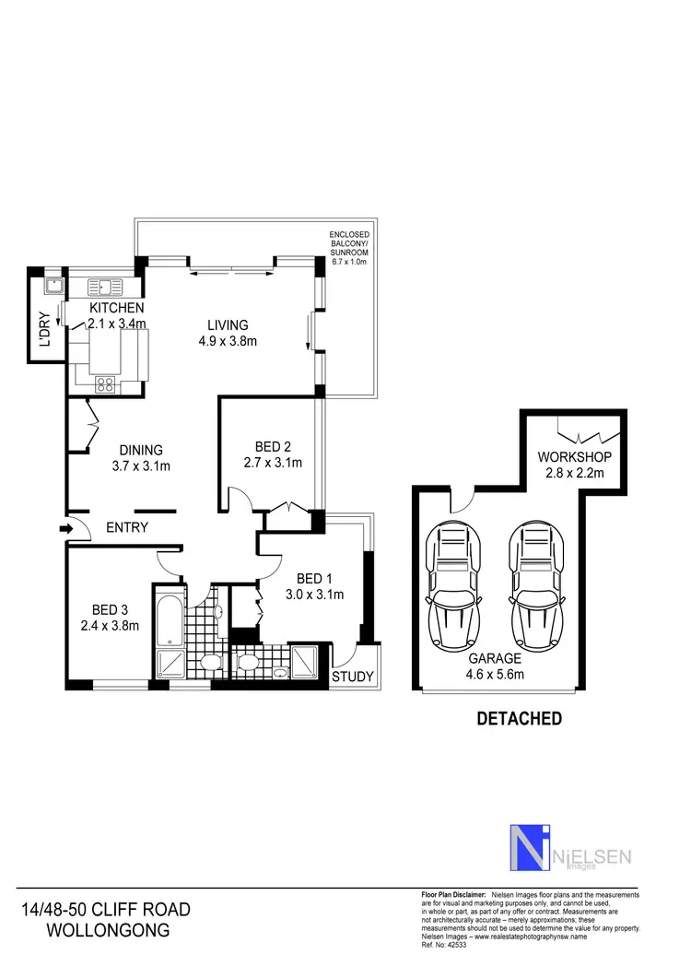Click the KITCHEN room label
pos(116,307)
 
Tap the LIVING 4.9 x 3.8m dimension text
pos(227,341)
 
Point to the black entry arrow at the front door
pos(65,529)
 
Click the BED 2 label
pos(272,445)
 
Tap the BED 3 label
pos(109,609)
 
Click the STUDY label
pos(353,678)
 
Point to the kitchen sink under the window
pos(107,285)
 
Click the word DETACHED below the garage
pos(519,719)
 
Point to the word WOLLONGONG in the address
pos(108,930)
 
